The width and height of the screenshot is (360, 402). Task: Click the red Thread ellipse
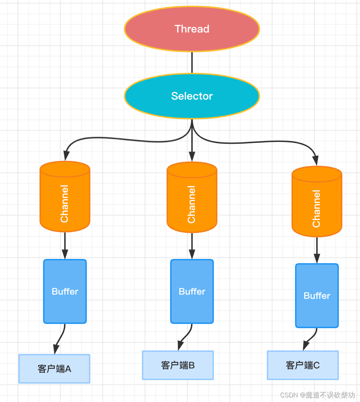(x=192, y=29)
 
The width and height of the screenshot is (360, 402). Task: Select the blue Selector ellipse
(x=192, y=96)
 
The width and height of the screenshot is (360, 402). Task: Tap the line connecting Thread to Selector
(x=192, y=63)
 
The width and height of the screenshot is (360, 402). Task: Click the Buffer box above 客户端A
(x=65, y=291)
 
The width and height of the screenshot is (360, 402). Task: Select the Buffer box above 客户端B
(x=192, y=291)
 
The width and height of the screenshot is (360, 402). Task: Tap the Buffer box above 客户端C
(x=317, y=296)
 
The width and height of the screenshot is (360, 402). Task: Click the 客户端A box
(x=54, y=369)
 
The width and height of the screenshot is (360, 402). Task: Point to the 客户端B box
(x=178, y=365)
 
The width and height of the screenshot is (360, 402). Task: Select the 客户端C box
(x=303, y=365)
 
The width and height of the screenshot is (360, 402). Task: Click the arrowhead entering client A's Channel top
(x=66, y=156)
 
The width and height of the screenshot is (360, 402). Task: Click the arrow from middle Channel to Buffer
(x=192, y=246)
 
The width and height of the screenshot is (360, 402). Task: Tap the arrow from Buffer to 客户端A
(x=60, y=339)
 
